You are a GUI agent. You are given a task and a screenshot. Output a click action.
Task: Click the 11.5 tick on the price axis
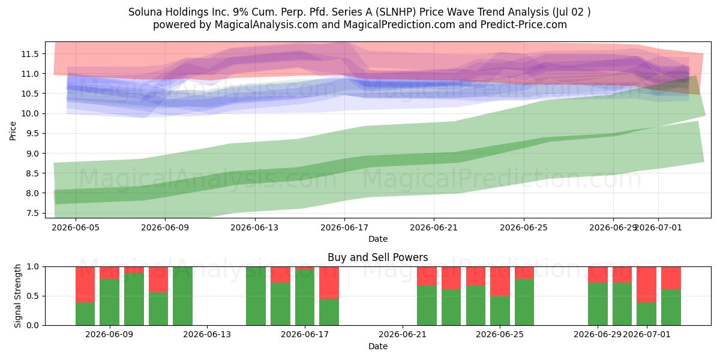coord(30,54)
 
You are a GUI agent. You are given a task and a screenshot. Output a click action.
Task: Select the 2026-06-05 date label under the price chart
coord(76,227)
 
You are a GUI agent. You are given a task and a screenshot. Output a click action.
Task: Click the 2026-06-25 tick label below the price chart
coord(524,227)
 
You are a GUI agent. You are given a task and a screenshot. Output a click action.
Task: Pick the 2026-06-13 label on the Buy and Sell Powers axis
coord(207,335)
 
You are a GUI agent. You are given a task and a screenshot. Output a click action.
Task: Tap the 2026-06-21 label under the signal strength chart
coord(403,335)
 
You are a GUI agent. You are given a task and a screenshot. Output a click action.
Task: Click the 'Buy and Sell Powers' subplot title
coord(377,257)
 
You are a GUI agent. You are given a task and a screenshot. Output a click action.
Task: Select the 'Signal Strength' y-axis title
coord(17,296)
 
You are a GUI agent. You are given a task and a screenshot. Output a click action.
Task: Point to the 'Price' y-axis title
coord(13,131)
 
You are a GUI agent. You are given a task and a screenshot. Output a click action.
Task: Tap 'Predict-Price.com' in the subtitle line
coord(524,25)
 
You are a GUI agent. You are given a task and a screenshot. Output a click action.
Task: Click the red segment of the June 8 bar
coord(85,284)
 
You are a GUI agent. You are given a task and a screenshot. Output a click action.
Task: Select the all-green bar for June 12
coord(182,296)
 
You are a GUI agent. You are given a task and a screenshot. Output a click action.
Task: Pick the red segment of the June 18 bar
coord(329,283)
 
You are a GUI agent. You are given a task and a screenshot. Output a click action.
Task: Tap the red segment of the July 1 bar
coord(646,284)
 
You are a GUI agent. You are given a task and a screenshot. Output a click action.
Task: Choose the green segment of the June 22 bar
coord(427,305)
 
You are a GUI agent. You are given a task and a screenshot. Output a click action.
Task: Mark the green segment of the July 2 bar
coord(671,307)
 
